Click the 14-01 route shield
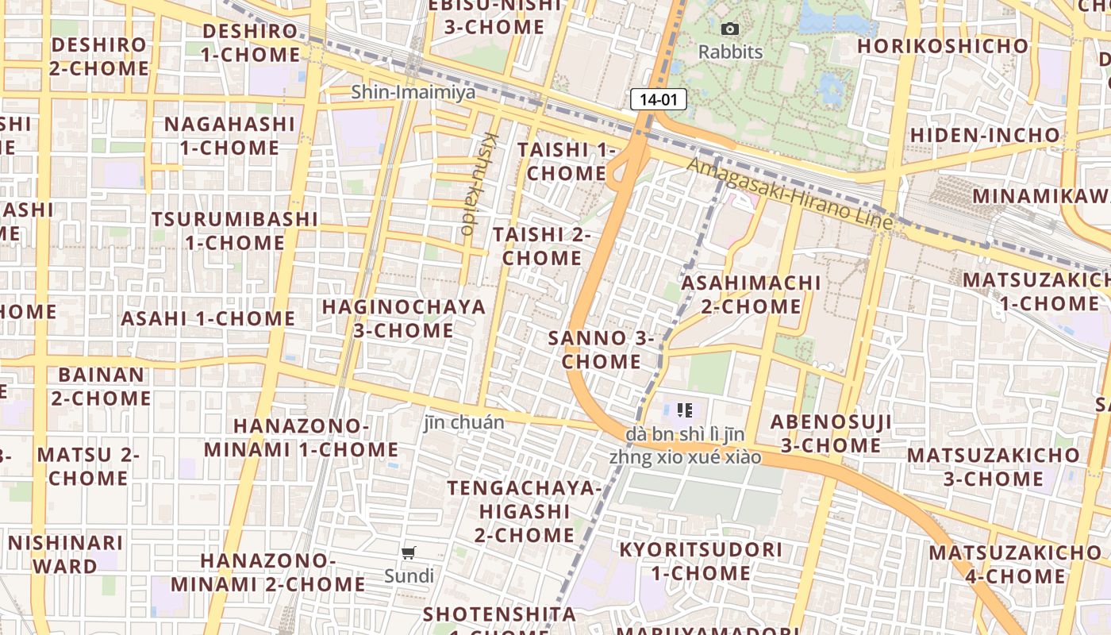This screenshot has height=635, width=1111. click(658, 99)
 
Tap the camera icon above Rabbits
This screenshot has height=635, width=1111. click(729, 29)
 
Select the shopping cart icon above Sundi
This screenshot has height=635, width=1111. click(409, 552)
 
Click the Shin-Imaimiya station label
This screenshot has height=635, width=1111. click(413, 92)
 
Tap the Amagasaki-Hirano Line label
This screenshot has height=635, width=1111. click(790, 194)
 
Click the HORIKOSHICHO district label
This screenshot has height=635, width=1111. click(943, 45)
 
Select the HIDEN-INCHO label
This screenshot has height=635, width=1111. click(985, 135)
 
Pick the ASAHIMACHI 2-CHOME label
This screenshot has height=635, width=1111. click(752, 294)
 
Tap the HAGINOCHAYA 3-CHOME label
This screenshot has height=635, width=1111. click(403, 318)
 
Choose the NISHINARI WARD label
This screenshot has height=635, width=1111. click(66, 554)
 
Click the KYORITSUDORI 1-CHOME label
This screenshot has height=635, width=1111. click(701, 561)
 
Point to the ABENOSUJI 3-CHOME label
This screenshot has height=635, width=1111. click(831, 433)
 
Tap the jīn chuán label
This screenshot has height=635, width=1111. click(463, 422)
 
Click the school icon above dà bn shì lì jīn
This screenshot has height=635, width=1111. click(684, 410)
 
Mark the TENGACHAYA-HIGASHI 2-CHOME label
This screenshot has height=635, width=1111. click(525, 511)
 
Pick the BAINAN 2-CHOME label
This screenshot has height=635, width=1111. click(102, 386)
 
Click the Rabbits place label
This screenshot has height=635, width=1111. click(730, 52)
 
